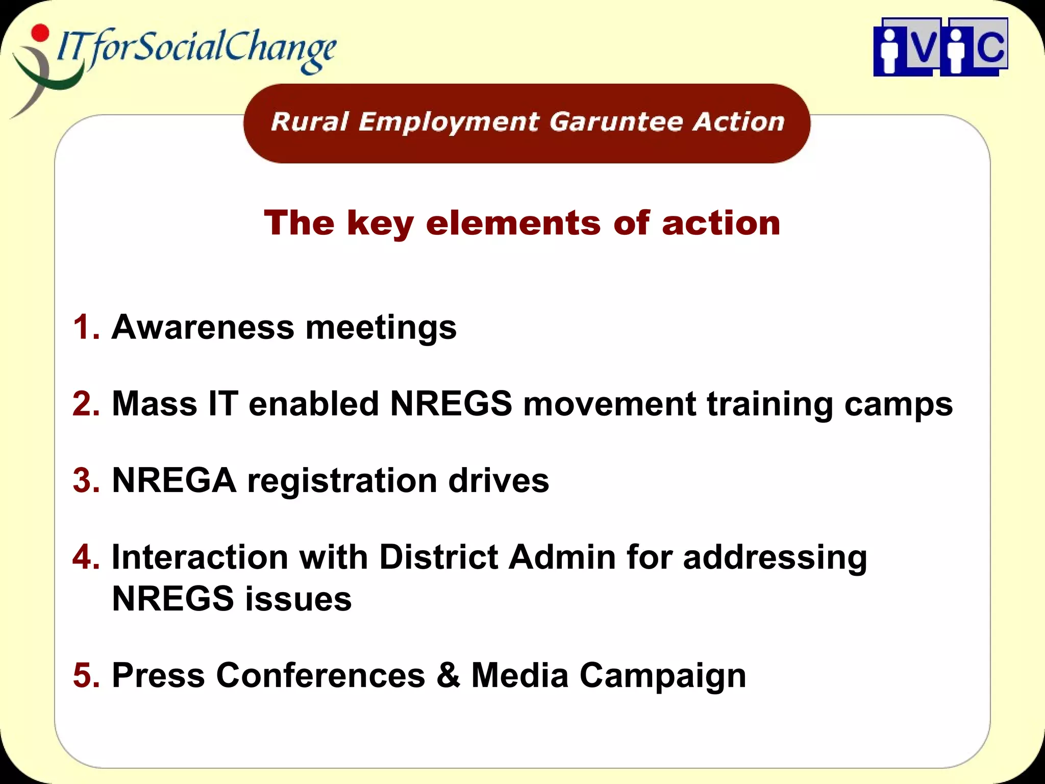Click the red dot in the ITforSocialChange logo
pos(40,32)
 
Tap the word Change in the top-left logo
pos(280,48)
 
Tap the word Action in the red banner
pos(738,122)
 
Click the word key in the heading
pos(380,224)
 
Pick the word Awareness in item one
pos(203,327)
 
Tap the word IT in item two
pos(223,403)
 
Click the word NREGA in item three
pos(174,480)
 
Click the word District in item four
pos(438,557)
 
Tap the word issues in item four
pos(298,599)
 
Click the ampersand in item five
pos(448,675)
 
